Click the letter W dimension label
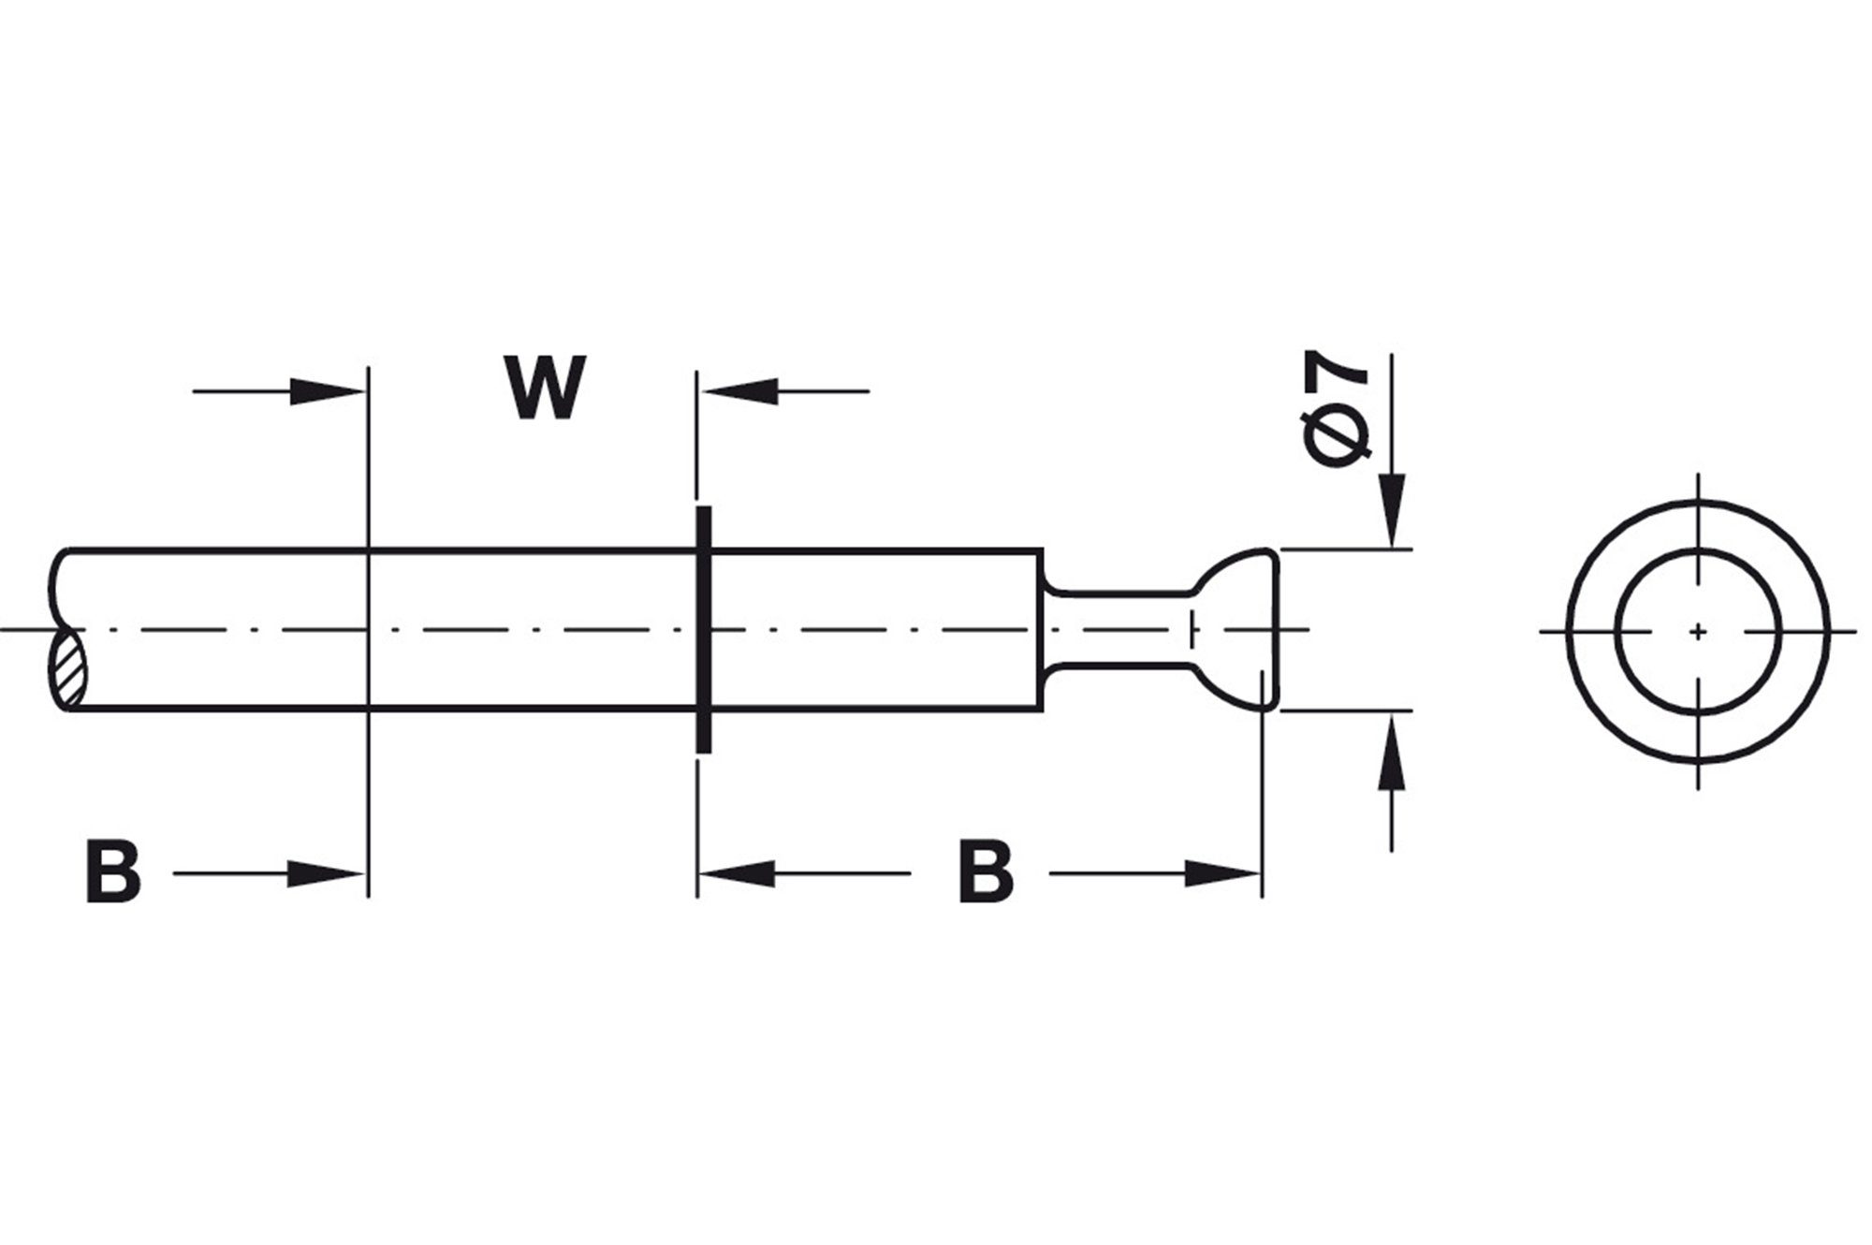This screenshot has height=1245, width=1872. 548,388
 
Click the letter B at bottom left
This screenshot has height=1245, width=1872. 113,872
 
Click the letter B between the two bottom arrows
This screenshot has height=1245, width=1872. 986,872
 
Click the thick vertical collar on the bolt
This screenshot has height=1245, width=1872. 703,629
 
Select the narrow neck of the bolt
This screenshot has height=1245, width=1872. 1119,629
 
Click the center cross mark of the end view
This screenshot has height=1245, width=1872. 1698,633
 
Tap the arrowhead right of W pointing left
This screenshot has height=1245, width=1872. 742,391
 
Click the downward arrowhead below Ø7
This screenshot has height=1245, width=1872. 1394,510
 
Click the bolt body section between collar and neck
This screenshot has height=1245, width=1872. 875,629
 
